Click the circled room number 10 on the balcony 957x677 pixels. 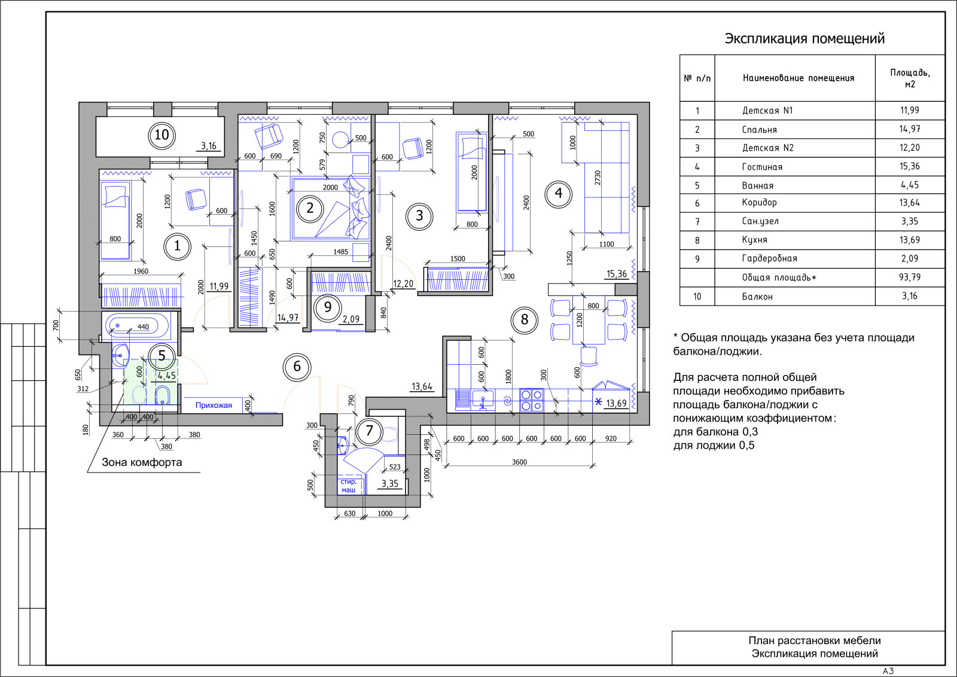[x=161, y=135]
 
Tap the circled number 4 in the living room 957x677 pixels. [x=559, y=194]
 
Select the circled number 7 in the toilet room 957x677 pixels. [x=370, y=431]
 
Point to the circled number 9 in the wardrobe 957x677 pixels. [x=328, y=307]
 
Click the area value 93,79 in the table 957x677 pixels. [x=910, y=277]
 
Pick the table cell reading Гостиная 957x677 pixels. [x=762, y=167]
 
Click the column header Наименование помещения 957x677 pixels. [x=798, y=78]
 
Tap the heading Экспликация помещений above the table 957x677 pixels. [x=804, y=38]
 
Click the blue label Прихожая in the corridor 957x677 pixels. [x=214, y=405]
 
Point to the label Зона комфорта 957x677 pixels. [x=142, y=462]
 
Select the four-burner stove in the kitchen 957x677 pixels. [x=532, y=400]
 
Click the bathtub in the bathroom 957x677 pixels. [x=137, y=325]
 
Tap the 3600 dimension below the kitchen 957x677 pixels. [x=519, y=462]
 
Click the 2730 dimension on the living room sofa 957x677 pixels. [x=598, y=178]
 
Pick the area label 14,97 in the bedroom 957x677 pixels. [x=288, y=318]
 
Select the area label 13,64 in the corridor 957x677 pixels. [x=422, y=386]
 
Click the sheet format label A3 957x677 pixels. [x=888, y=671]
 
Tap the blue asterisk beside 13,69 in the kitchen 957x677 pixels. [x=598, y=402]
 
